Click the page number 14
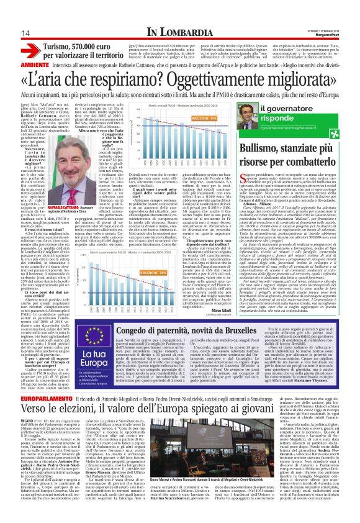coord(10,32)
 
